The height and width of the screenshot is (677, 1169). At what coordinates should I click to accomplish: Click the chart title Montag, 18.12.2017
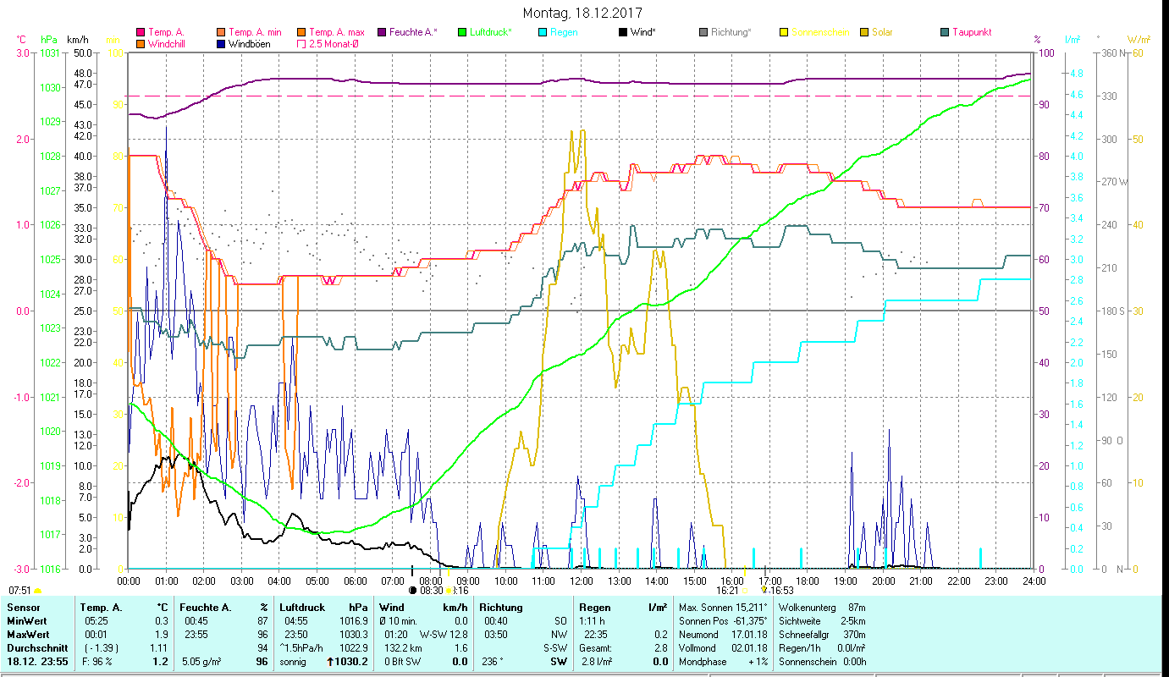coord(582,13)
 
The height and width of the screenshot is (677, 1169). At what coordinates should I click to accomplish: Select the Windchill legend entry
coord(166,43)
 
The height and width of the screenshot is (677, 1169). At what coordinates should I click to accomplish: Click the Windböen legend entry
coord(249,43)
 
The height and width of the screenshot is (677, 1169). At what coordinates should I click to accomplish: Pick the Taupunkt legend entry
coord(971,32)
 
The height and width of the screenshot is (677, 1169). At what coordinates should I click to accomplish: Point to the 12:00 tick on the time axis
coord(581,581)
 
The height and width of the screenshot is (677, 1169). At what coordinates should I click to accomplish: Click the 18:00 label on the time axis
coord(807,581)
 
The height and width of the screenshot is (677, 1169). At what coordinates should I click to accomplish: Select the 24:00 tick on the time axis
coord(1034,581)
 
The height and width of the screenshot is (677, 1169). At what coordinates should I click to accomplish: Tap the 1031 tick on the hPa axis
coord(50,52)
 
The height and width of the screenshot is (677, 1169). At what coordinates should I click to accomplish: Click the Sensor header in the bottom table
coord(23,607)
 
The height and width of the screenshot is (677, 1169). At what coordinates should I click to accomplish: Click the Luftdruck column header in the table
coord(301,607)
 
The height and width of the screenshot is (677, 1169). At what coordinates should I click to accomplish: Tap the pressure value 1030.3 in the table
coord(353,634)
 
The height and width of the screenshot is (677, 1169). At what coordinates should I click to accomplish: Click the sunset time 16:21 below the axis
coord(728,591)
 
